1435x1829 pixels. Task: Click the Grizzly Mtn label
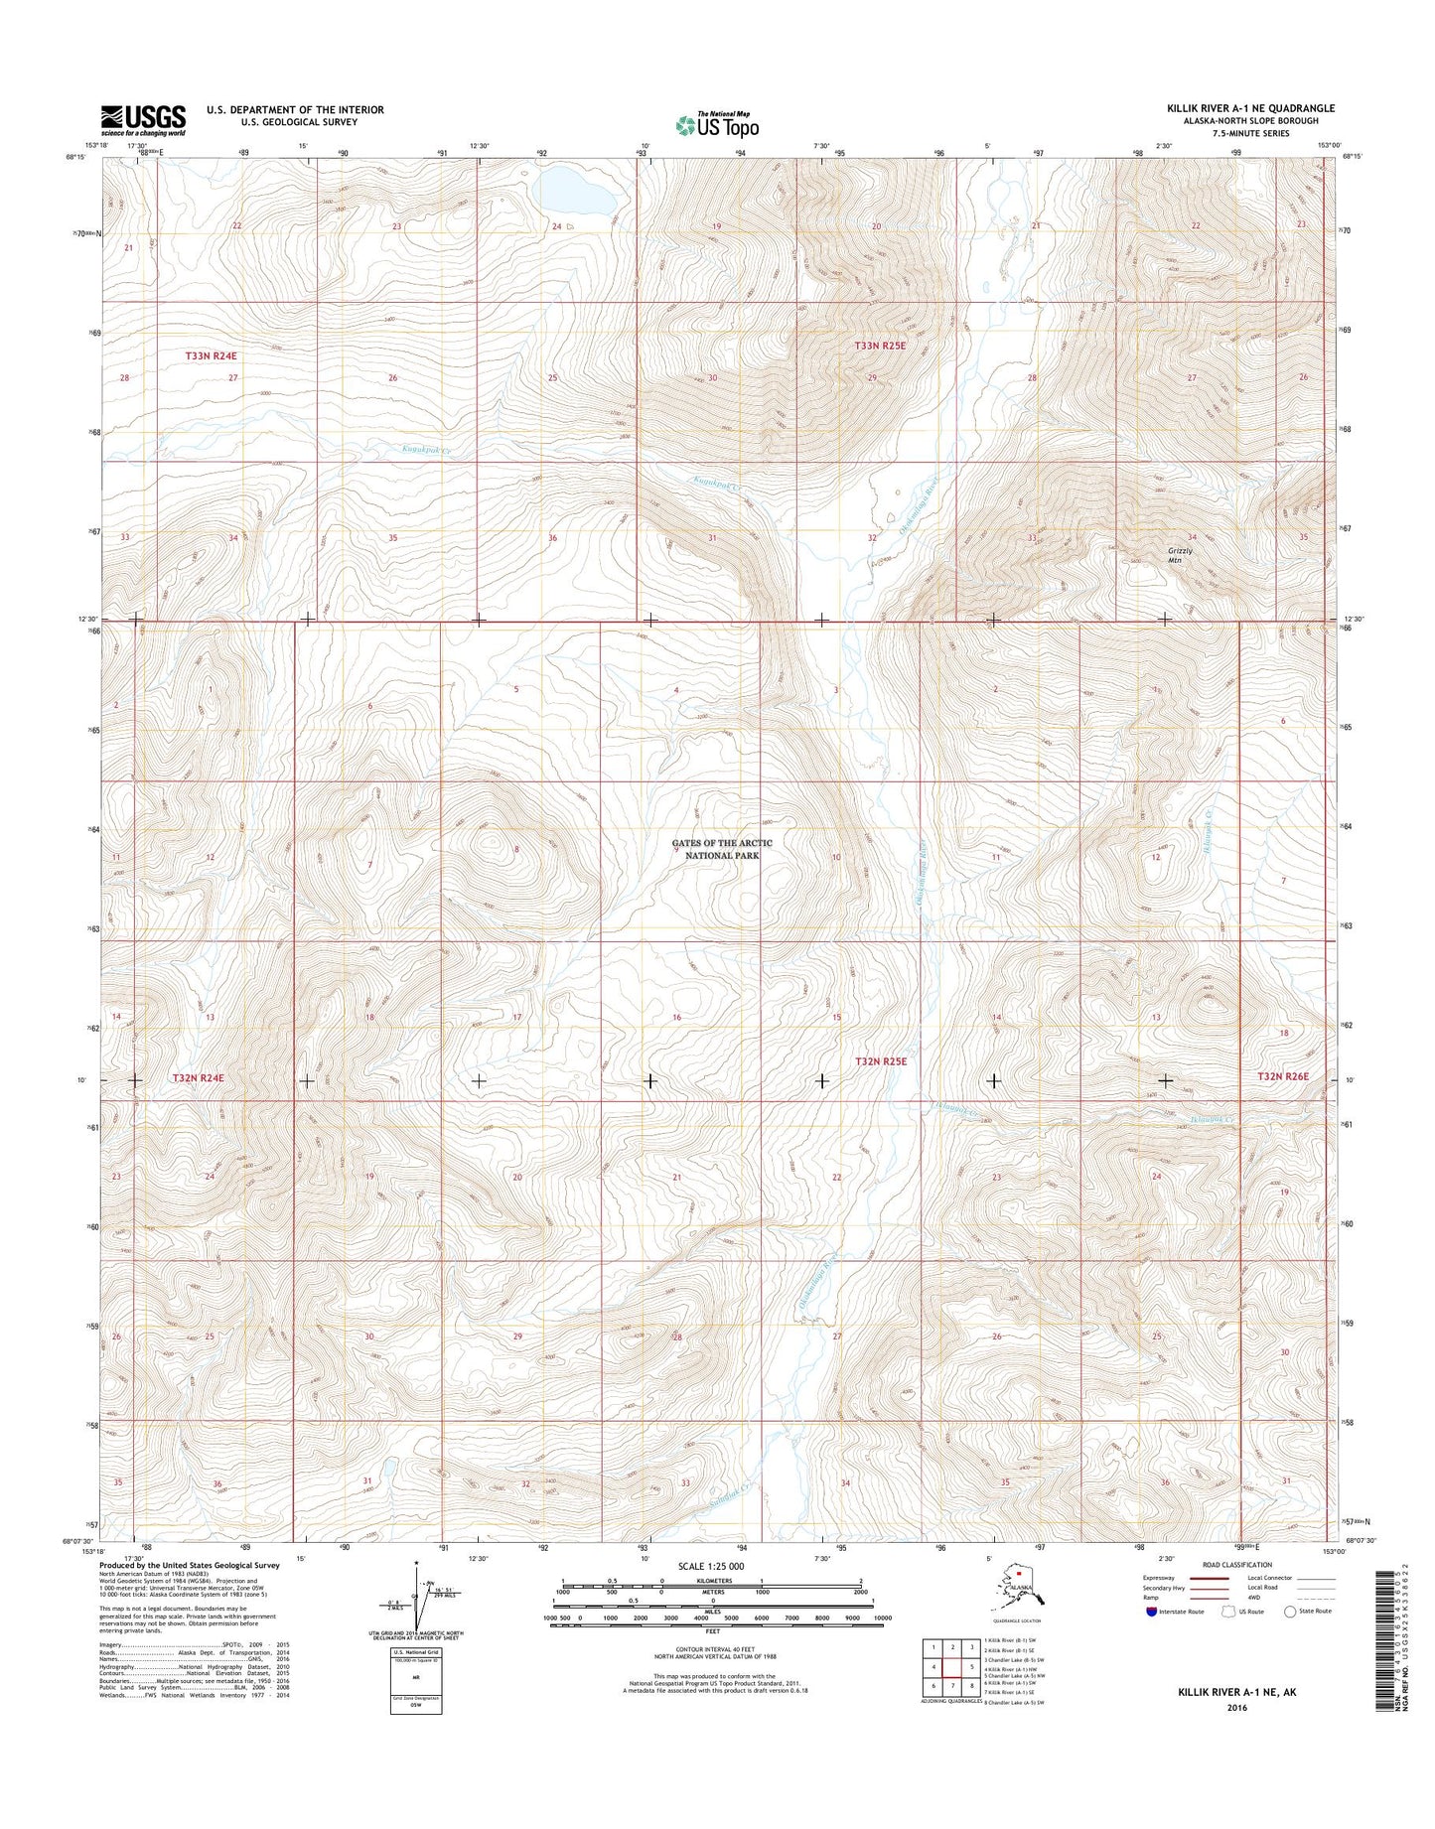[x=1180, y=555]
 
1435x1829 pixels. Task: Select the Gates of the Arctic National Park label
[x=722, y=848]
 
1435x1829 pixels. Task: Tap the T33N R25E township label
[x=880, y=346]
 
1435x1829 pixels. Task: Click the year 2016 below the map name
[x=1236, y=1708]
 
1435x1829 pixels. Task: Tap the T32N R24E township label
[x=207, y=1077]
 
